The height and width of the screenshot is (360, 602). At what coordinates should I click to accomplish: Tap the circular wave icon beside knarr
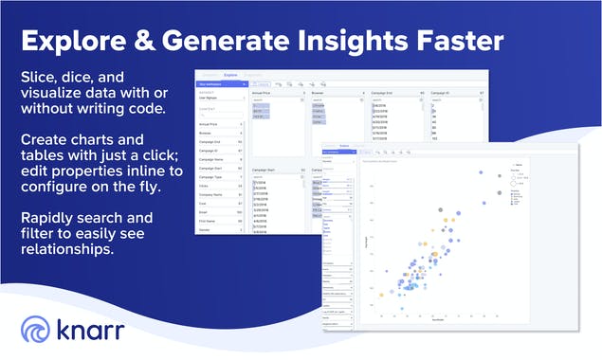pyautogui.click(x=37, y=331)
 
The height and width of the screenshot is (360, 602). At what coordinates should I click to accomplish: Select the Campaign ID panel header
pyautogui.click(x=444, y=93)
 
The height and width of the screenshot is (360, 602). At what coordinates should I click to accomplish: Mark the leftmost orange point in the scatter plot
pyautogui.click(x=381, y=296)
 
